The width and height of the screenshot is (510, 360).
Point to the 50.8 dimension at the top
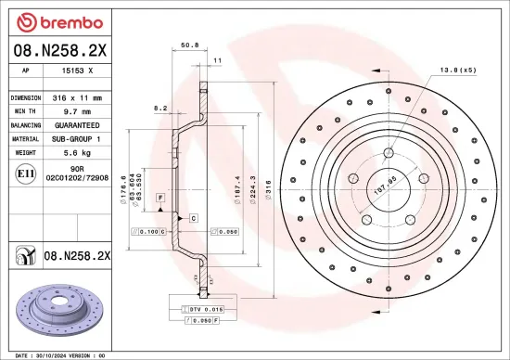pos(188,44)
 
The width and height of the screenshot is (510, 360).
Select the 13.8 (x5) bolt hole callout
pos(457,70)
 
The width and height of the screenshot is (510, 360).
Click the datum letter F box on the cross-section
pos(160,199)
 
